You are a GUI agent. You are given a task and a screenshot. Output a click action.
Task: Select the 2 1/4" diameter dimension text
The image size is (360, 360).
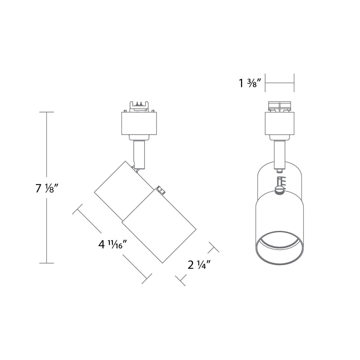pyautogui.click(x=198, y=265)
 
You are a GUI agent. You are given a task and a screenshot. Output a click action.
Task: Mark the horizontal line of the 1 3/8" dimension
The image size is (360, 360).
pyautogui.click(x=279, y=83)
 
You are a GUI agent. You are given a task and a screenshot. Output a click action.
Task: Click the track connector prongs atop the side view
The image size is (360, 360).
pyautogui.click(x=139, y=106)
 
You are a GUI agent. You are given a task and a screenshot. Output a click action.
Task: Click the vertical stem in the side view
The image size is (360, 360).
pyautogui.click(x=139, y=153)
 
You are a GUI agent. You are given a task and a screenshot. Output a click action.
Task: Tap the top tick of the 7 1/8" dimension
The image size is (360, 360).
pyautogui.click(x=47, y=112)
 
